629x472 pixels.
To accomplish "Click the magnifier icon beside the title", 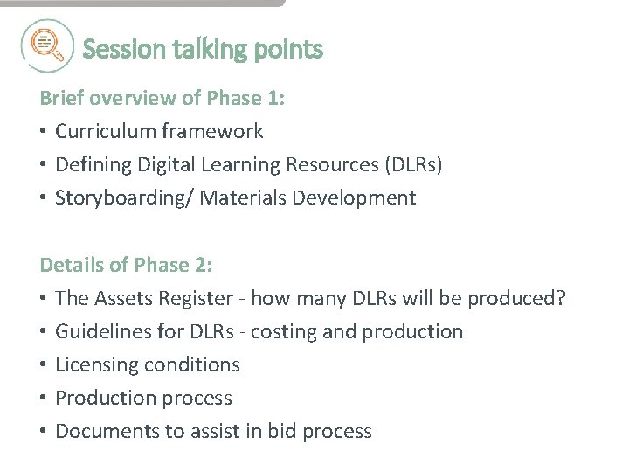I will [x=46, y=45].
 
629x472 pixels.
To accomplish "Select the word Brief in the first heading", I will [x=59, y=98].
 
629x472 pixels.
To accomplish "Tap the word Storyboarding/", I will [x=124, y=198].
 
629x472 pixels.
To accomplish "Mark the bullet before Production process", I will [x=44, y=398].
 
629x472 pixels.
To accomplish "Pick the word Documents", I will [x=100, y=431].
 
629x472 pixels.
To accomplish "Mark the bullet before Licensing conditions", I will [x=44, y=364].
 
